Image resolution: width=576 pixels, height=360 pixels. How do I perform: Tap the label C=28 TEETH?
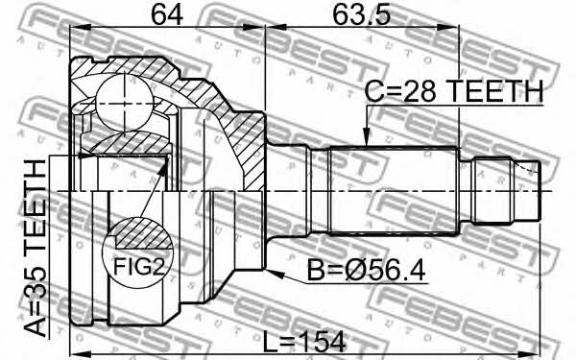[x=454, y=91]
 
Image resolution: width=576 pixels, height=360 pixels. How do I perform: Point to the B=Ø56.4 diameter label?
[x=366, y=270]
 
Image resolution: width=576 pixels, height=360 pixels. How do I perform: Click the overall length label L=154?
[x=304, y=342]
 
